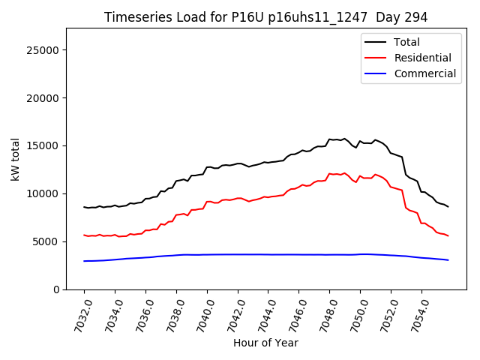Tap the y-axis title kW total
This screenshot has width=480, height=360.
tap(15, 159)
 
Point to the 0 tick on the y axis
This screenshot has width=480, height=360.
tap(56, 289)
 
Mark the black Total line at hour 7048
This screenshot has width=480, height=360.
tap(330, 139)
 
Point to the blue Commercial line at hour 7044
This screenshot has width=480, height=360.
tap(268, 254)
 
